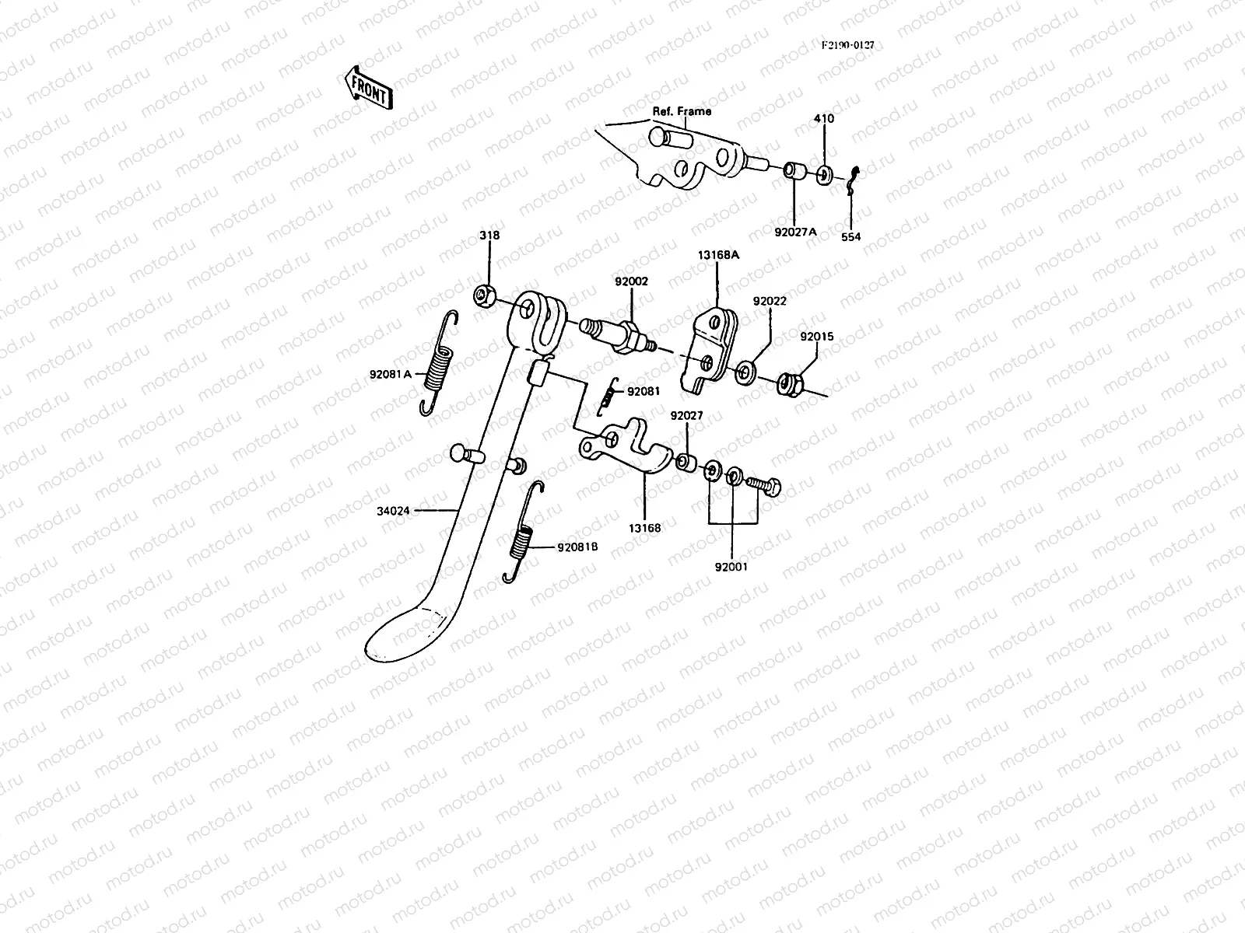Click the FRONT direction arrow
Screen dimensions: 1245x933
pos(369,88)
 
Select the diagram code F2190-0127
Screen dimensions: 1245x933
pos(848,45)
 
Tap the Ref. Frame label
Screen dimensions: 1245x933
pos(682,111)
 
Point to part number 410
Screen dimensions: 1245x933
pos(823,118)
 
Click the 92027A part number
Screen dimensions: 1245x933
pos(796,232)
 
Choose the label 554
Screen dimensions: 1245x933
pos(850,237)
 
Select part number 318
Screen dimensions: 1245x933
pos(489,235)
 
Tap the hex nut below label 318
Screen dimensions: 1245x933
pos(485,295)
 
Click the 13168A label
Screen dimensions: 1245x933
pos(718,255)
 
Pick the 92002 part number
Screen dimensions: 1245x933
pos(631,281)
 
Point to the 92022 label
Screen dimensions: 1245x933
pos(770,301)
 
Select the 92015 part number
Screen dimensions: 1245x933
pos(817,337)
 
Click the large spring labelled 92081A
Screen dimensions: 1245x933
pos(440,363)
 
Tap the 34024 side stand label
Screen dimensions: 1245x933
pos(393,511)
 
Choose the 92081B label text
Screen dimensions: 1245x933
pos(577,547)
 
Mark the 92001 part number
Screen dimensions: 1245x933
pos(731,567)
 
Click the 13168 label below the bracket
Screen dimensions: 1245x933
pos(644,528)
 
